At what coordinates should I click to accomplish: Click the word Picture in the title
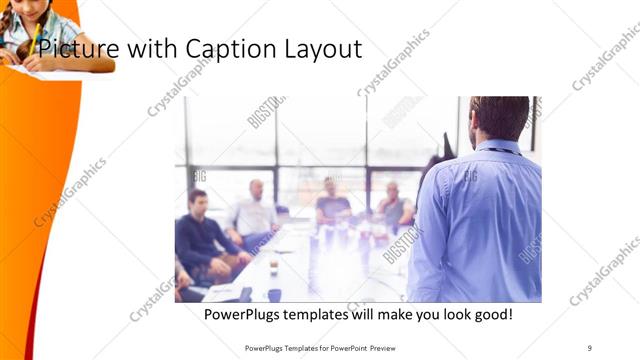pos(67,48)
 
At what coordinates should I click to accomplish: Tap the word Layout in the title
pos(320,48)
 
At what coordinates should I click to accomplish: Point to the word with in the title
pos(141,48)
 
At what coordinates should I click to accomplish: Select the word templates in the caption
pos(327,314)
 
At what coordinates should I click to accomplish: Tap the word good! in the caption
pos(491,314)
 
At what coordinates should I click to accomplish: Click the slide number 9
pos(590,347)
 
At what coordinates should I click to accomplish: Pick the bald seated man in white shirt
pos(254,212)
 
